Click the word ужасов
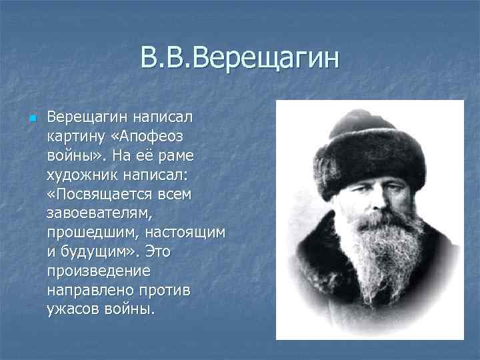pyautogui.click(x=70, y=310)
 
